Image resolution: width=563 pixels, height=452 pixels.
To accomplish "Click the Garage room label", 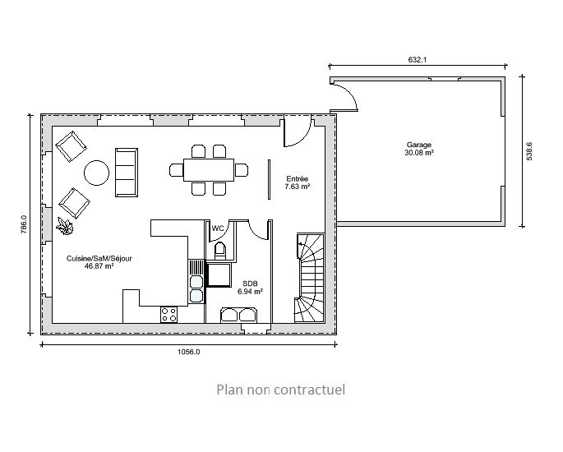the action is pos(418,145).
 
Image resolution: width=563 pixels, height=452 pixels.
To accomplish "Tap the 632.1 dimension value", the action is pos(418,60).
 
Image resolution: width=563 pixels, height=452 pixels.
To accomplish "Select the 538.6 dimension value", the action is pos(528,151).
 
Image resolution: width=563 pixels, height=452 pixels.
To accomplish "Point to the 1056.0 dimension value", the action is pos(188,352).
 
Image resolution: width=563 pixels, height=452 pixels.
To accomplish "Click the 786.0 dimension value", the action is pos(24,224).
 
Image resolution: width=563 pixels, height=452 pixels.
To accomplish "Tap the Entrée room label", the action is pos(298,179).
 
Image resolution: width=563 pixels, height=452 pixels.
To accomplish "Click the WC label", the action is pos(218,228).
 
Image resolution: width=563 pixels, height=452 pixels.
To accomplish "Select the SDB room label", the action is pos(250,284).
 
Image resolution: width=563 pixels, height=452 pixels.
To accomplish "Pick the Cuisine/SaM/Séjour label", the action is pos(99,259).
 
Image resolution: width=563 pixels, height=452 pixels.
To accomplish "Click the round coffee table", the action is pos(97,173).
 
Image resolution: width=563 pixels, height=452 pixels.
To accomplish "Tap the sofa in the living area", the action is pos(127,173).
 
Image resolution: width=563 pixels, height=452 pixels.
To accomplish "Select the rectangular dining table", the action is pos(209,170).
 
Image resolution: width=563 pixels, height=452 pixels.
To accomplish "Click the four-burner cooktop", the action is pos(168,315).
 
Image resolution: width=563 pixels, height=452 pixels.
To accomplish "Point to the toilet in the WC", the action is pos(219,251).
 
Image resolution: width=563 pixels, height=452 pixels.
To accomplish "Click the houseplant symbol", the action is pos(65,226).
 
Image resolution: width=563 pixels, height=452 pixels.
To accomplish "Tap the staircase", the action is pos(310,279).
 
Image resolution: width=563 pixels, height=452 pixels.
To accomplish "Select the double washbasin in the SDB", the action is pos(238,315).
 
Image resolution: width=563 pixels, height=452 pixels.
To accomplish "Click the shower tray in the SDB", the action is pos(219,275).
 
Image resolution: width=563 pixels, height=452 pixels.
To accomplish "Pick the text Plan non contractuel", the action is pos(281,390).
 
